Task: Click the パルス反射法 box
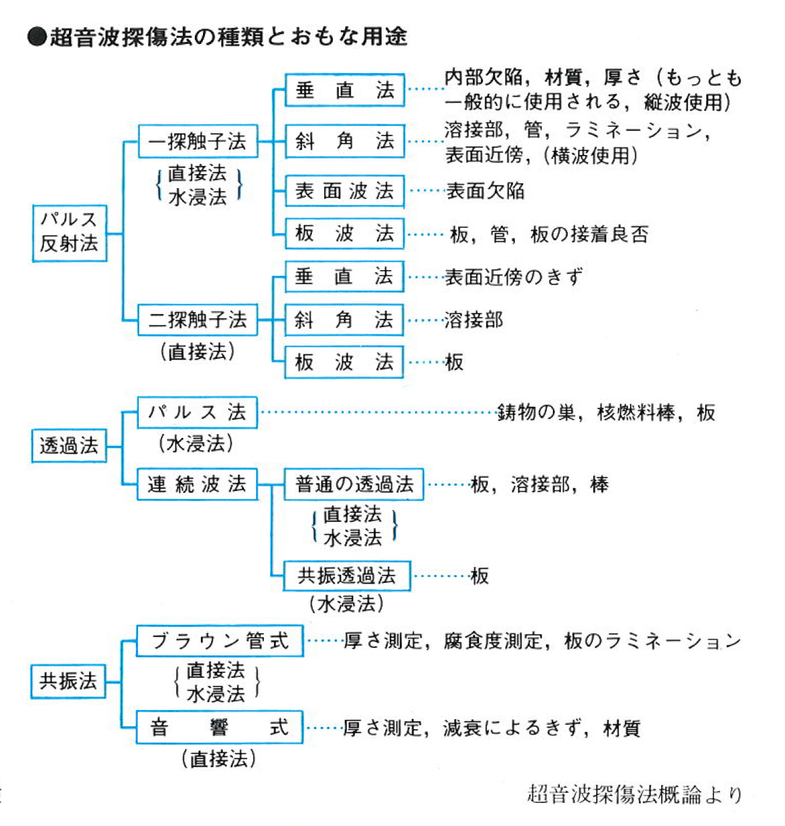pyautogui.click(x=69, y=233)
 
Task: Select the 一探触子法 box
pyautogui.click(x=198, y=142)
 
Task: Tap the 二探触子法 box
pyautogui.click(x=198, y=320)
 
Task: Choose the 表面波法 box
pyautogui.click(x=344, y=191)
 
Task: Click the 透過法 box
pyautogui.click(x=69, y=445)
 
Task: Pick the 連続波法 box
pyautogui.click(x=197, y=484)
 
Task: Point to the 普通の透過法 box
pyautogui.click(x=354, y=484)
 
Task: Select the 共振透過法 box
pyautogui.click(x=347, y=576)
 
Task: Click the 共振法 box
pyautogui.click(x=68, y=681)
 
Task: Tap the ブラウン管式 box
pyautogui.click(x=219, y=640)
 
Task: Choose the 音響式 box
pyautogui.click(x=219, y=728)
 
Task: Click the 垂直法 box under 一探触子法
pyautogui.click(x=344, y=90)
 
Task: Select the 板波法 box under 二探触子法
pyautogui.click(x=344, y=362)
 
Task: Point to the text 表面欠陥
pyautogui.click(x=485, y=191)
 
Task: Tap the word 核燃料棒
pyautogui.click(x=635, y=412)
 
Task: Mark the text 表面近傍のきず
pyautogui.click(x=513, y=277)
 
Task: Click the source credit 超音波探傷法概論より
pyautogui.click(x=634, y=794)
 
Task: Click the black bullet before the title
pyautogui.click(x=37, y=37)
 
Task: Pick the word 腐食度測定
pyautogui.click(x=493, y=640)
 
